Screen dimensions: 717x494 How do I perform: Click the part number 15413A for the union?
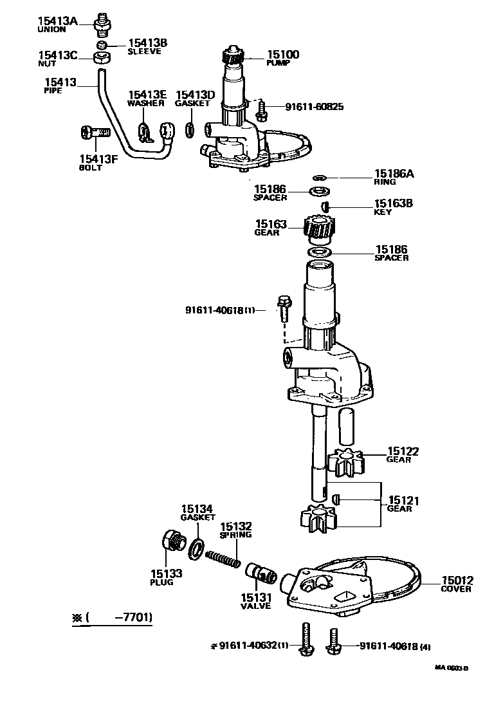(x=57, y=21)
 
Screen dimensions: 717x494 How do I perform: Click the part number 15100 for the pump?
(x=282, y=55)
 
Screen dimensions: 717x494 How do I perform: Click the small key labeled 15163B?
(x=325, y=206)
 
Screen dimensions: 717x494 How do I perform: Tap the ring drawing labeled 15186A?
(x=320, y=177)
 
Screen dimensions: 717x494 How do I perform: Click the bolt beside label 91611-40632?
(x=306, y=641)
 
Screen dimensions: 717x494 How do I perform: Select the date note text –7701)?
(x=133, y=618)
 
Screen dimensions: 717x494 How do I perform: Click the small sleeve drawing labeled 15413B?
(x=101, y=45)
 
